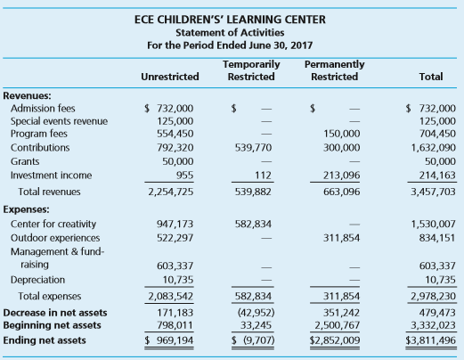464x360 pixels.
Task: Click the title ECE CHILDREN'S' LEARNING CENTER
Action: pos(230,20)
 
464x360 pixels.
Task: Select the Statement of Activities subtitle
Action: pos(230,32)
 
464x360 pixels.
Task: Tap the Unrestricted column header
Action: pos(170,77)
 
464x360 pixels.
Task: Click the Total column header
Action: pos(431,77)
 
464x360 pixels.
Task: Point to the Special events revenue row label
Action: pos(59,121)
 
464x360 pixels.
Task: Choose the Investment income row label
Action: pos(51,176)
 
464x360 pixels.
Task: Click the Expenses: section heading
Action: pos(26,209)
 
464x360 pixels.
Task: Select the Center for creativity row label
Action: pos(53,224)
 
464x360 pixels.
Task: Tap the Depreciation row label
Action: pos(37,280)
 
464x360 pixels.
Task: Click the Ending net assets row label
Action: pos(45,340)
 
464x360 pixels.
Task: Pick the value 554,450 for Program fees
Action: pos(175,134)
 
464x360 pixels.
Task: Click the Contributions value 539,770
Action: pos(253,148)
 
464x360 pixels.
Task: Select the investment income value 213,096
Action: pos(342,176)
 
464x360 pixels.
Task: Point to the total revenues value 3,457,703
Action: pos(433,192)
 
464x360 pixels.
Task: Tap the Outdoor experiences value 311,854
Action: pos(341,238)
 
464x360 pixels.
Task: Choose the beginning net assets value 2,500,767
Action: pos(338,325)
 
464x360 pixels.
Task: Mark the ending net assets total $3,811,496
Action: pos(431,340)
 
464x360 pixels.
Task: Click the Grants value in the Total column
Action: pos(440,161)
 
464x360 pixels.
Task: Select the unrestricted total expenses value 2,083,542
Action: pos(171,296)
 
